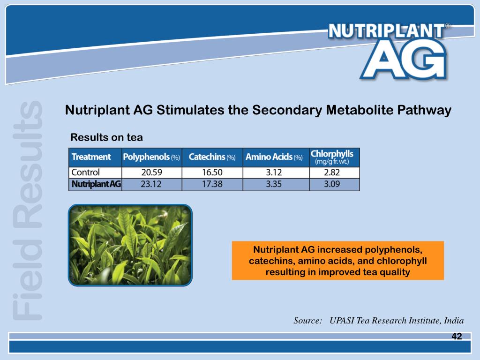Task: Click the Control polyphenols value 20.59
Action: pyautogui.click(x=151, y=172)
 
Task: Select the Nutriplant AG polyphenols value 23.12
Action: pyautogui.click(x=151, y=184)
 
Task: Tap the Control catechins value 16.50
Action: pyautogui.click(x=212, y=172)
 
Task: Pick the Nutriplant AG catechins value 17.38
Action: pyautogui.click(x=212, y=184)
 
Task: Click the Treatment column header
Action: pyautogui.click(x=91, y=157)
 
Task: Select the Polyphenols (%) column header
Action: pyautogui.click(x=151, y=157)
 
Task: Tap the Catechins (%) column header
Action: pyautogui.click(x=212, y=157)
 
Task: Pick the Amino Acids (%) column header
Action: pyautogui.click(x=274, y=157)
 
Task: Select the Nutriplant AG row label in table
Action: pyautogui.click(x=96, y=184)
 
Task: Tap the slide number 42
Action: pyautogui.click(x=457, y=337)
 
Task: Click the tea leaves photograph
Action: pyautogui.click(x=130, y=245)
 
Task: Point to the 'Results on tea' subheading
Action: pyautogui.click(x=106, y=137)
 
